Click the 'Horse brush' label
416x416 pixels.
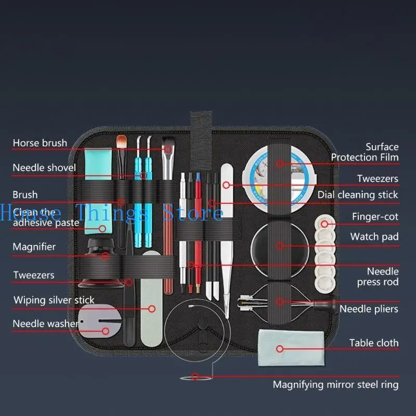[x=40, y=142]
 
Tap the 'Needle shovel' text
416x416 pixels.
[x=44, y=167]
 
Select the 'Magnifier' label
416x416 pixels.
[x=34, y=246]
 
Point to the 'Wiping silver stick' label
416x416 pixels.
[x=54, y=300]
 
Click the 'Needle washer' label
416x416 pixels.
[x=45, y=323]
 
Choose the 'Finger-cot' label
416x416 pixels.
[x=375, y=216]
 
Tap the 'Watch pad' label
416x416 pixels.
[x=374, y=237]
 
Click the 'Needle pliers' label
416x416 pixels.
[x=369, y=309]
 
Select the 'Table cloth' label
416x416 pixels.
[x=374, y=343]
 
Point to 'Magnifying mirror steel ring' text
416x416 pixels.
[x=336, y=385]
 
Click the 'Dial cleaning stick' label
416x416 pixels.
[x=358, y=194]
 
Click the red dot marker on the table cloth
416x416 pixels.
[x=280, y=349]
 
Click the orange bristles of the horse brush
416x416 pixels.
[x=121, y=141]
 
